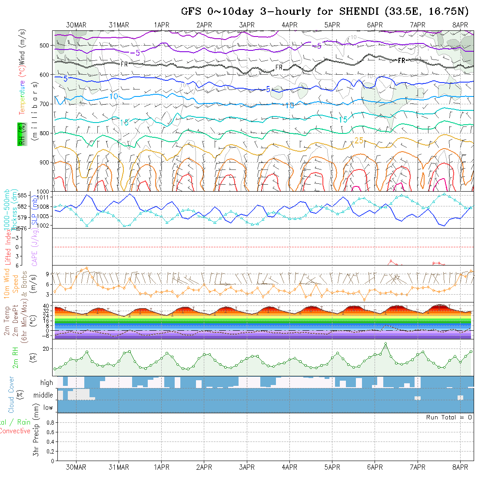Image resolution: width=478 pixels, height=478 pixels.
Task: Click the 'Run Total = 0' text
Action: pos(449,417)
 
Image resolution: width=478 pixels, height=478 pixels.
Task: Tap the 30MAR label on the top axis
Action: pos(76,25)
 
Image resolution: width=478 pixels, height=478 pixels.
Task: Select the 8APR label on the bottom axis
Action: pos(460,467)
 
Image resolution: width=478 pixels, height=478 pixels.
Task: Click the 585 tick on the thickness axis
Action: pos(24,195)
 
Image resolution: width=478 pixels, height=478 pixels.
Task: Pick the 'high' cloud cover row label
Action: pos(46,383)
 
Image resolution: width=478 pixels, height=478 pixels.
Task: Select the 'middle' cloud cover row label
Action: pos(43,395)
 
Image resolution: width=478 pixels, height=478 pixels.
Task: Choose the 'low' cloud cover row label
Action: pos(48,408)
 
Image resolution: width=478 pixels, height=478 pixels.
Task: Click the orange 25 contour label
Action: pos(359,140)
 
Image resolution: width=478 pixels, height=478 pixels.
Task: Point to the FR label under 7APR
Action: pos(402,61)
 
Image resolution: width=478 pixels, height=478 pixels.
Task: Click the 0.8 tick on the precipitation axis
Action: pos(50,422)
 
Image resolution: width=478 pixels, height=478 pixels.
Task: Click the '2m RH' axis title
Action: pos(15,357)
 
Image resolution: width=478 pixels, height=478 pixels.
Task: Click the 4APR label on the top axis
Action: pos(289,25)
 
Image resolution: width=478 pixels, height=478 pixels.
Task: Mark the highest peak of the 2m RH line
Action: pos(385,344)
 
